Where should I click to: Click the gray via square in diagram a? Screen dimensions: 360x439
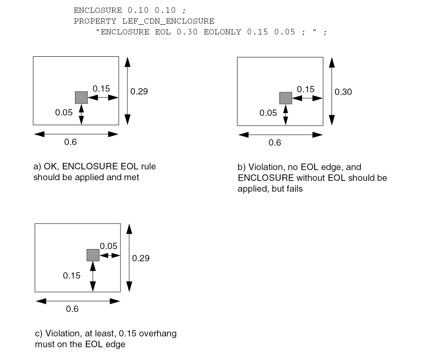click(x=81, y=97)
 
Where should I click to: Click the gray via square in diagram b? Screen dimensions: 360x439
click(x=285, y=98)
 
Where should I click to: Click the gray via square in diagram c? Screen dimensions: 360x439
click(x=93, y=255)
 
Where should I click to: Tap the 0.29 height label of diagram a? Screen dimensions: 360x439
click(x=139, y=91)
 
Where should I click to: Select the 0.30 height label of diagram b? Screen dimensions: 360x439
click(x=343, y=92)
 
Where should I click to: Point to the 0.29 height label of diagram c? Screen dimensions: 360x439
click(x=141, y=258)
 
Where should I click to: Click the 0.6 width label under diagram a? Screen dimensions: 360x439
click(x=71, y=142)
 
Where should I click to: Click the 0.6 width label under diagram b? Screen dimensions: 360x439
click(x=275, y=143)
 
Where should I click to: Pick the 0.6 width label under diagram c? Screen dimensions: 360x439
click(x=72, y=309)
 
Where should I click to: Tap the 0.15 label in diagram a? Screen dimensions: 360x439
click(x=101, y=89)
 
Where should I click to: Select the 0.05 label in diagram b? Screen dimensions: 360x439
click(x=268, y=113)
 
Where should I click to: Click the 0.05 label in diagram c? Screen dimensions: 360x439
click(x=108, y=246)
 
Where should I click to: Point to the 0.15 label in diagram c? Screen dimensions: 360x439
click(x=72, y=276)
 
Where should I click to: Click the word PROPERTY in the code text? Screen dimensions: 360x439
click(x=90, y=21)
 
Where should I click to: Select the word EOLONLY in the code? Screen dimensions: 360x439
click(x=222, y=32)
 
